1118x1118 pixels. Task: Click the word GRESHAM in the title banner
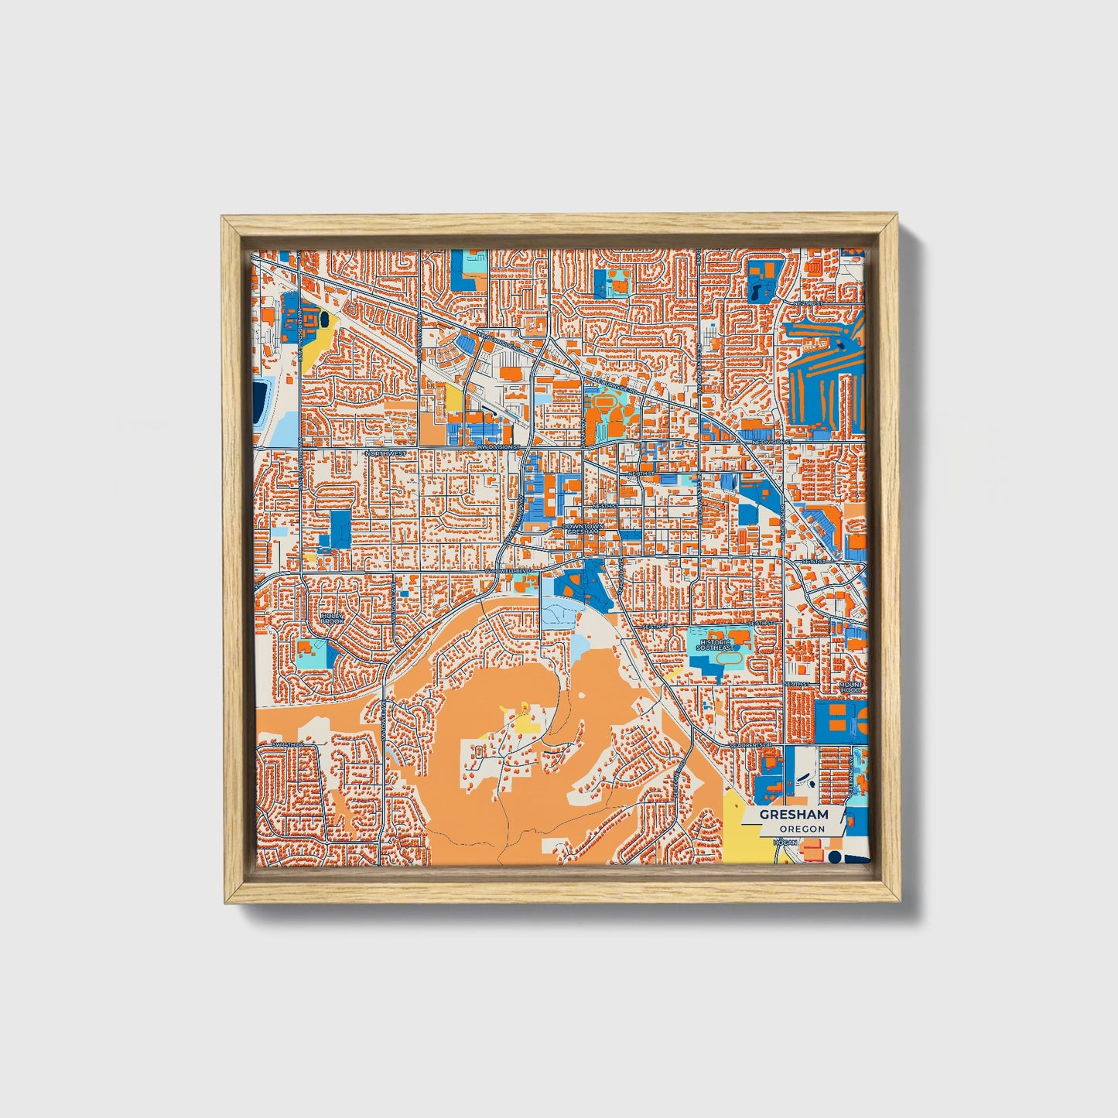[x=793, y=815]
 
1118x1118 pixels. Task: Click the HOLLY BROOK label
[x=332, y=619]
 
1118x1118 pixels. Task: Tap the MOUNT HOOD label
[x=849, y=687]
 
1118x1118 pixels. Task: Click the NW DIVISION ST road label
[x=496, y=447]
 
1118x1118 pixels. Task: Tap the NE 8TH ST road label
[x=641, y=472]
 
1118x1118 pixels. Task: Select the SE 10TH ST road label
[x=797, y=684]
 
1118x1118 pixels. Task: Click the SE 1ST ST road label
[x=814, y=559]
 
